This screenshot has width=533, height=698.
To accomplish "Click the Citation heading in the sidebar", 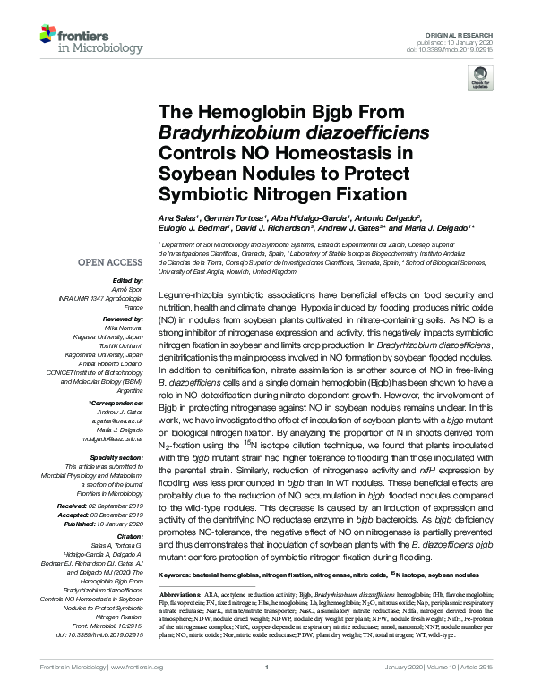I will pos(132,539).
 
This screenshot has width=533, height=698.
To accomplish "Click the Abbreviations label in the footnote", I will pos(181,593).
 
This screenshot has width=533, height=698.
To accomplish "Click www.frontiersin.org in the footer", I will pos(136,692).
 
